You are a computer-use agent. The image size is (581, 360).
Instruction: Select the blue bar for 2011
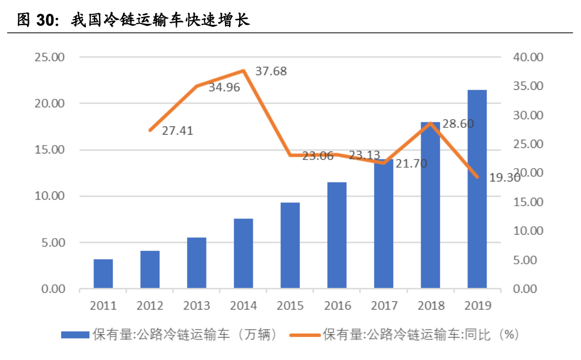(x=103, y=273)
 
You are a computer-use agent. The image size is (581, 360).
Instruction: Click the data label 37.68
(x=271, y=71)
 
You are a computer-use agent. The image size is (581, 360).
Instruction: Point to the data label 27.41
(x=177, y=131)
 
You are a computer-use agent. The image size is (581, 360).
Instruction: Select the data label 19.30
(x=504, y=178)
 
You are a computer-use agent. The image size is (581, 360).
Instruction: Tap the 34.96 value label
(x=224, y=87)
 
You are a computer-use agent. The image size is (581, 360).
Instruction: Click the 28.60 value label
(x=458, y=124)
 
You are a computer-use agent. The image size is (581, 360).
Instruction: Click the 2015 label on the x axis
(x=290, y=305)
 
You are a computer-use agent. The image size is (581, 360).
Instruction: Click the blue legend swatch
(x=75, y=335)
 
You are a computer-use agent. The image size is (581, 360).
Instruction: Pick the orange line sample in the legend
(x=305, y=335)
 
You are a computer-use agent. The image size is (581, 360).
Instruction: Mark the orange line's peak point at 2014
(x=244, y=71)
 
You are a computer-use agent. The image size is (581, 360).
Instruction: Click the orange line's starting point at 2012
(x=150, y=130)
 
